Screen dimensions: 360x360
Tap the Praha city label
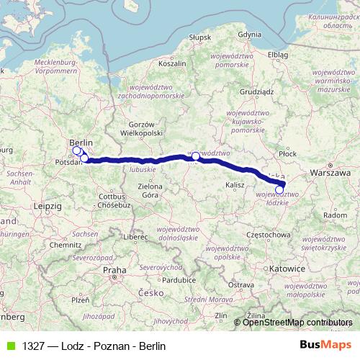[114, 270]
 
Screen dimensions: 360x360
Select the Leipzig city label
[46, 206]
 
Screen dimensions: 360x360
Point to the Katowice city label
[290, 267]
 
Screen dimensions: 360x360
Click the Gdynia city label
[249, 34]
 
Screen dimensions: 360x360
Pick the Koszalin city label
[171, 63]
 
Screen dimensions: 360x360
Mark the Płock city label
[288, 153]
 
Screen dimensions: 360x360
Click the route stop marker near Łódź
[279, 190]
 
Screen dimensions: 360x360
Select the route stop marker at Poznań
[195, 156]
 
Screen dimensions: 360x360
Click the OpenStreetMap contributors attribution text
[297, 323]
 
